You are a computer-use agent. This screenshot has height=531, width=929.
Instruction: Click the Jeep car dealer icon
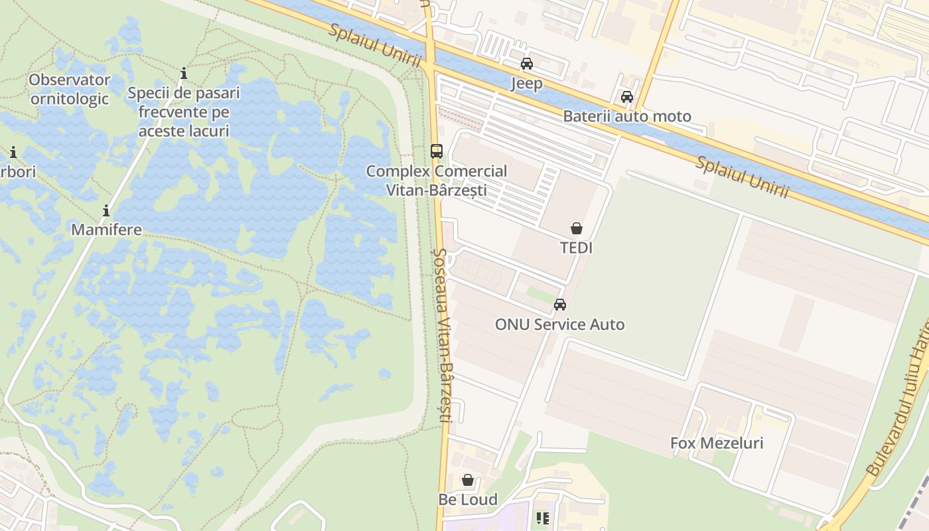click(526, 64)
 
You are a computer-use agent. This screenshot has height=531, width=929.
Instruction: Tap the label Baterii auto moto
click(626, 116)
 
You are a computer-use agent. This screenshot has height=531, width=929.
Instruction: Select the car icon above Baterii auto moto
click(626, 97)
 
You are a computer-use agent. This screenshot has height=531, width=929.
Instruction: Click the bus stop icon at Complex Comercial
click(436, 151)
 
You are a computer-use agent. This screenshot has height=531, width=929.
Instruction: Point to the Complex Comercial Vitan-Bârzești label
click(436, 180)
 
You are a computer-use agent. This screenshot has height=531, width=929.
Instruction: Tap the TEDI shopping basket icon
click(577, 228)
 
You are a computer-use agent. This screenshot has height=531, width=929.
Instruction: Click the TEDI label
click(576, 248)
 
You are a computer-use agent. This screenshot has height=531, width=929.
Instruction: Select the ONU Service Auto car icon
click(559, 305)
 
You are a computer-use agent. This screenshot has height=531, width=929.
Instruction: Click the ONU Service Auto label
click(559, 324)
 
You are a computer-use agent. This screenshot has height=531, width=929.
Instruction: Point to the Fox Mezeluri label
click(716, 443)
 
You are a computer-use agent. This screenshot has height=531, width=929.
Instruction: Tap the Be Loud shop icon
click(468, 480)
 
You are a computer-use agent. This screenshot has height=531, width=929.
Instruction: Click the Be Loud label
click(468, 499)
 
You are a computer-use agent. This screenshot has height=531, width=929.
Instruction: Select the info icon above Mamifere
click(106, 211)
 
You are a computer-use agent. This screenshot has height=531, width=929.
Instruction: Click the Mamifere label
click(106, 230)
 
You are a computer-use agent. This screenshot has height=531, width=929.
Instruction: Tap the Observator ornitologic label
click(69, 89)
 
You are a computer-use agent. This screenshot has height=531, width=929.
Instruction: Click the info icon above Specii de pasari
click(184, 73)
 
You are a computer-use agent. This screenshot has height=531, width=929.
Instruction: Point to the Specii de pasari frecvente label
click(184, 112)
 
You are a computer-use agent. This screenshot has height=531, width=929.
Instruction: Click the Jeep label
click(526, 83)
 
